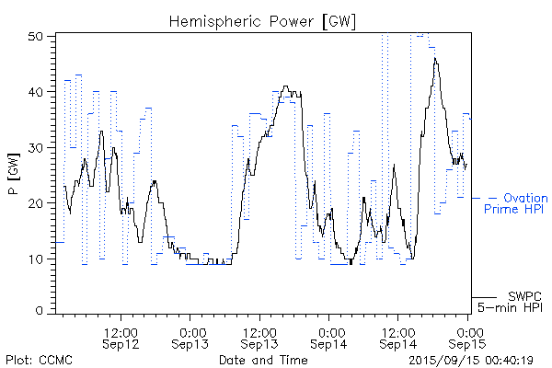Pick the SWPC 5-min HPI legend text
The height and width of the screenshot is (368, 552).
[x=518, y=300]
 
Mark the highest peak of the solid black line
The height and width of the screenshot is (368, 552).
[x=435, y=59]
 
